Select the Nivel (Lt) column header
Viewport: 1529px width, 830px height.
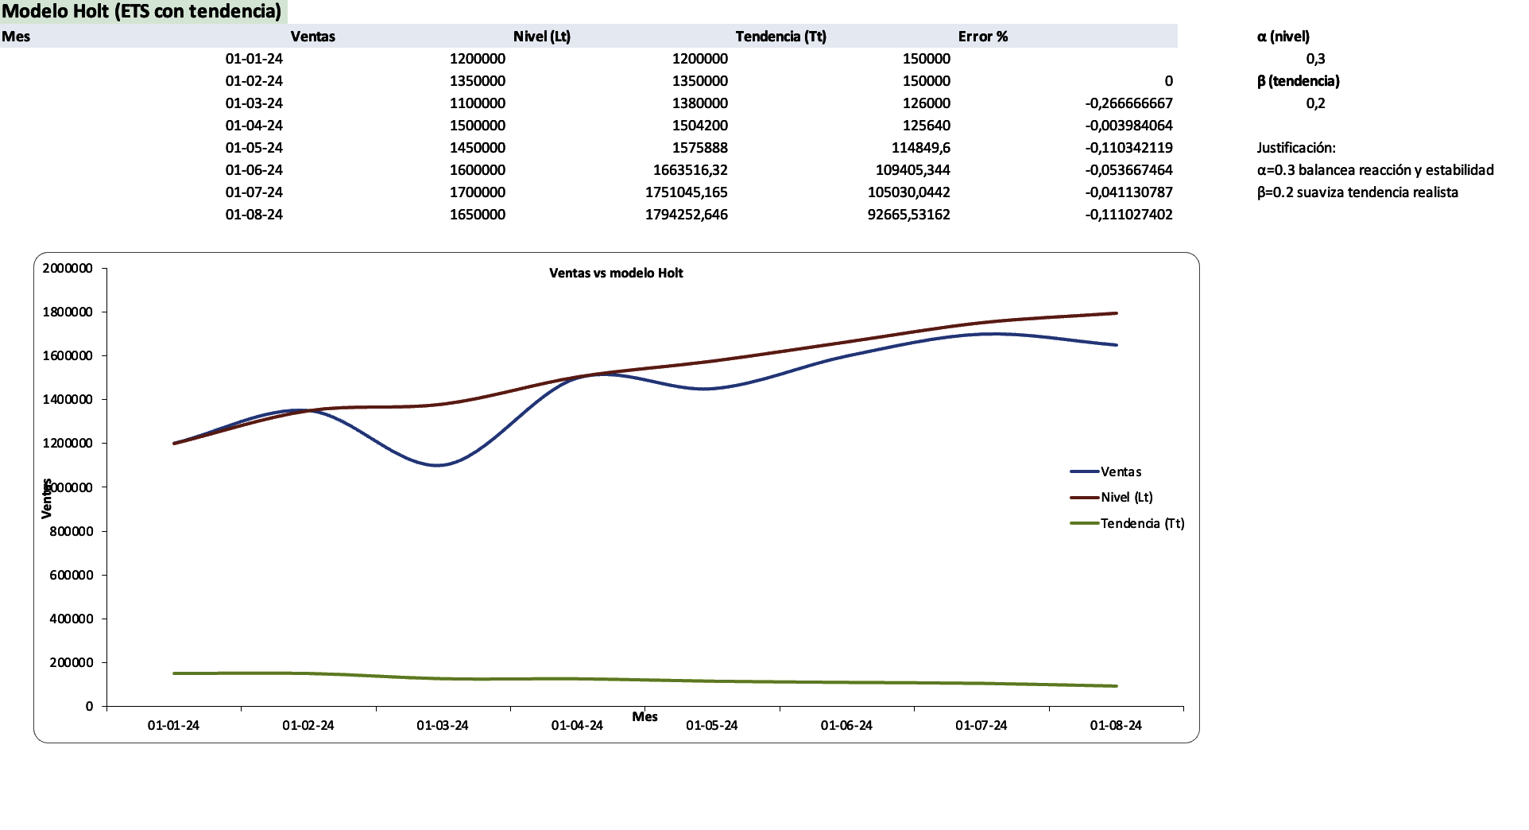541,37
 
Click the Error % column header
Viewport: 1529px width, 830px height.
982,37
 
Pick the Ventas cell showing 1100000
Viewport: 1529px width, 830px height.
477,103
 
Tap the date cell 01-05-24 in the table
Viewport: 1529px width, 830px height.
254,148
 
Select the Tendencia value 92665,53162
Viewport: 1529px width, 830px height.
908,215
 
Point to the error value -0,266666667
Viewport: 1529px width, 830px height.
1128,103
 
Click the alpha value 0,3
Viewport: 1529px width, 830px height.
1315,59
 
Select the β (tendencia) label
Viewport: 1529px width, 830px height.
1298,81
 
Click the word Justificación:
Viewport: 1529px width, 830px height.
1295,148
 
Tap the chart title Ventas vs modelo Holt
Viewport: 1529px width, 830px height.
616,273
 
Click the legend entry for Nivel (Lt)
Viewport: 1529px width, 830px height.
1126,497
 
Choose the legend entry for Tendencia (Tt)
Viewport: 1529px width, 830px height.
1141,523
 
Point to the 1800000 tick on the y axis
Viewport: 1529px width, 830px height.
68,312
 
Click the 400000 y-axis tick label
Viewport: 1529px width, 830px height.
71,619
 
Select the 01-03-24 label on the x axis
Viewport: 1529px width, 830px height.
442,725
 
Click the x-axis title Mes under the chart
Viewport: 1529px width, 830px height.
645,716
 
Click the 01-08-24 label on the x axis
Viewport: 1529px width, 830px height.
1115,725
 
